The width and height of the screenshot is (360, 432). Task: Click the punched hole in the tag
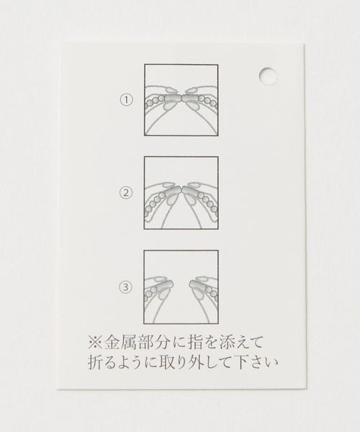pyautogui.click(x=267, y=75)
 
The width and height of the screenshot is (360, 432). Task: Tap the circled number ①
pyautogui.click(x=126, y=100)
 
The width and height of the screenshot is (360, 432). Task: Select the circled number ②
pyautogui.click(x=125, y=192)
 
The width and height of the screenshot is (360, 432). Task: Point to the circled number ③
pyautogui.click(x=125, y=287)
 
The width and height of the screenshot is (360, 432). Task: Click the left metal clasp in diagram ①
pyautogui.click(x=172, y=99)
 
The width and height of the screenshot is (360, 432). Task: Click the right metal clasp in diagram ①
pyautogui.click(x=190, y=99)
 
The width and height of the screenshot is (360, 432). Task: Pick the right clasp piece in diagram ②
pyautogui.click(x=190, y=192)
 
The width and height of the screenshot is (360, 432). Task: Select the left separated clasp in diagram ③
pyautogui.click(x=164, y=286)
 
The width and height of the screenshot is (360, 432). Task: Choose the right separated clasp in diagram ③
pyautogui.click(x=198, y=286)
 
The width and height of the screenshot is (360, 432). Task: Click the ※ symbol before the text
pyautogui.click(x=95, y=343)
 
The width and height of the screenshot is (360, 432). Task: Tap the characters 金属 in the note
pyautogui.click(x=118, y=343)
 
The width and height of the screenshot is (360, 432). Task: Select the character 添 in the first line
pyautogui.click(x=226, y=343)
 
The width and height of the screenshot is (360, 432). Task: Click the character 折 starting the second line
pyautogui.click(x=95, y=362)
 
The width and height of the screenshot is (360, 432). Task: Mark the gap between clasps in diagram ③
pyautogui.click(x=181, y=286)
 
